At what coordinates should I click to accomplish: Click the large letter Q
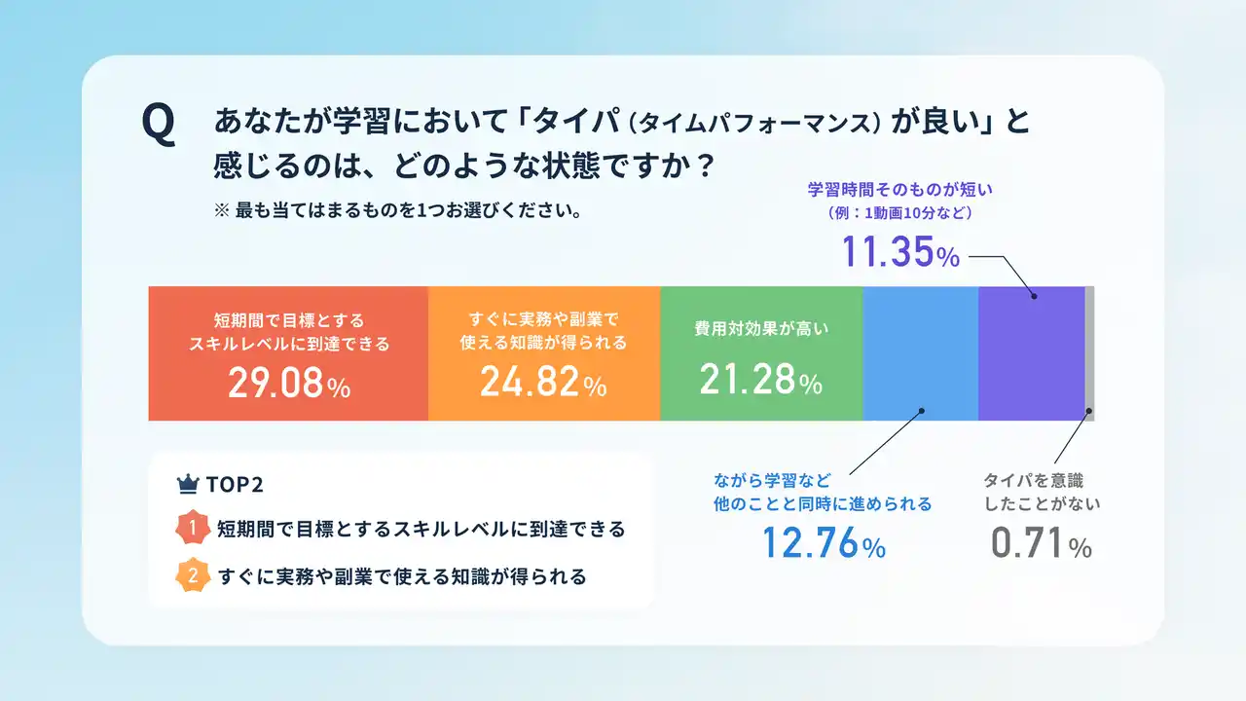[x=159, y=126]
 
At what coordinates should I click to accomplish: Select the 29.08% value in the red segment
[x=289, y=384]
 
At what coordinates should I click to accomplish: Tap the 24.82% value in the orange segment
[x=543, y=383]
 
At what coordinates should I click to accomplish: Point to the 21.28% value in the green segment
[x=760, y=380]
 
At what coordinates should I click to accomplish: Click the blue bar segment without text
[x=921, y=353]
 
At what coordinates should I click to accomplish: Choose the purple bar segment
[x=1032, y=353]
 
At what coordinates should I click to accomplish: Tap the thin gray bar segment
[x=1089, y=353]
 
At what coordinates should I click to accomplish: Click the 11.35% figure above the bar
[x=900, y=252]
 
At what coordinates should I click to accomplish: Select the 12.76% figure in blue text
[x=824, y=543]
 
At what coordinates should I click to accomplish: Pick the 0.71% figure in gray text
[x=1042, y=543]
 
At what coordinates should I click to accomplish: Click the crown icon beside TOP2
[x=188, y=484]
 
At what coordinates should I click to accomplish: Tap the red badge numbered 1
[x=193, y=528]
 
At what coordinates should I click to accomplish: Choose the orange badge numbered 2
[x=193, y=575]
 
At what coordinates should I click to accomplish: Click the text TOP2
[x=235, y=485]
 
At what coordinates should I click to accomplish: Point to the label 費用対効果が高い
[x=761, y=329]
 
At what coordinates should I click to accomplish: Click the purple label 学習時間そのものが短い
[x=900, y=190]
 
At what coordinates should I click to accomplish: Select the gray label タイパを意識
[x=1034, y=480]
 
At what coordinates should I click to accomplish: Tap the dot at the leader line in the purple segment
[x=1034, y=297]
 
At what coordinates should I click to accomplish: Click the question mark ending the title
[x=706, y=166]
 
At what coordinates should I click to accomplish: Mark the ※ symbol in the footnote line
[x=221, y=210]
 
